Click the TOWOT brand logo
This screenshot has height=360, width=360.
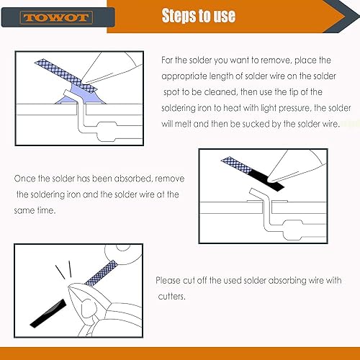tap(57, 17)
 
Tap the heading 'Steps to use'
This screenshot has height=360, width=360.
tap(199, 16)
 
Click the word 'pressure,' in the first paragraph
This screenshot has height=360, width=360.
tap(294, 108)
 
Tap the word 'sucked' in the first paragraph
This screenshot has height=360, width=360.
tap(255, 124)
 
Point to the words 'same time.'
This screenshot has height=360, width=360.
tap(35, 210)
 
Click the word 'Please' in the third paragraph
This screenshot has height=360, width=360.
tap(168, 280)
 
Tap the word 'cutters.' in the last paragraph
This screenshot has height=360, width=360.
tap(172, 297)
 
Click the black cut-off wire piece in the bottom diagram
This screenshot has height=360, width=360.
tap(48, 313)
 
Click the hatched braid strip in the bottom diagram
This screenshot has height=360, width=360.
tap(102, 273)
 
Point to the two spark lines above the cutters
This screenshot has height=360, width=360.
tap(63, 269)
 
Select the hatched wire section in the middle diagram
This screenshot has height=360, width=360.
tap(237, 165)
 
